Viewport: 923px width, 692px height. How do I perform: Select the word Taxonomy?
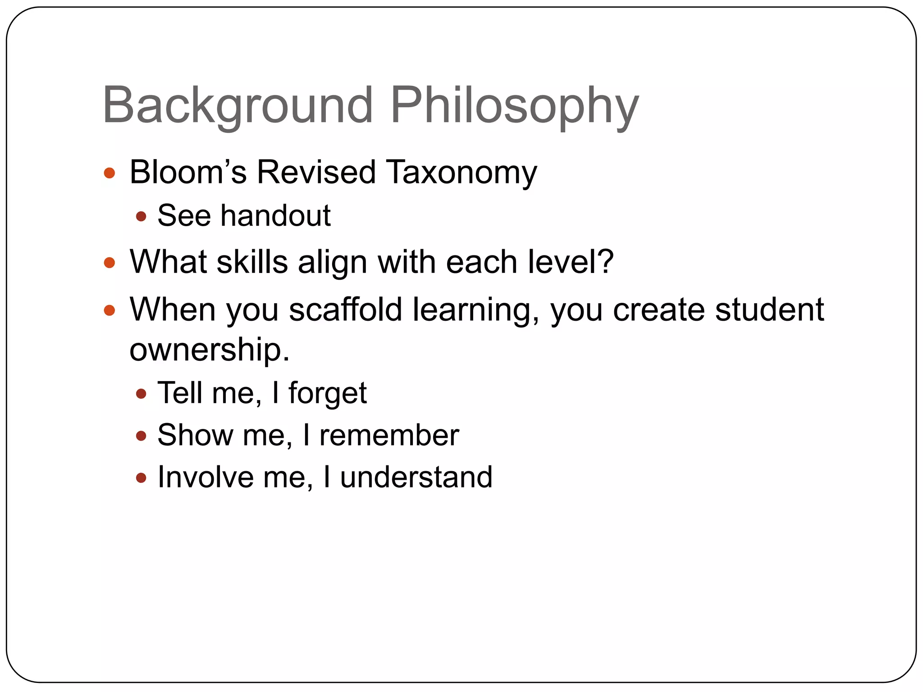[461, 173]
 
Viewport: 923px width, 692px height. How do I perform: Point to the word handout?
[275, 215]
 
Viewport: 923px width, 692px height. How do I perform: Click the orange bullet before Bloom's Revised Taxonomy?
[110, 173]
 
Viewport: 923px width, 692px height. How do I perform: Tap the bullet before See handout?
[141, 217]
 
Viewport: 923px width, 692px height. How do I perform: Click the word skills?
[252, 262]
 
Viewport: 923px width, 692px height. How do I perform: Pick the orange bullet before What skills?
[110, 263]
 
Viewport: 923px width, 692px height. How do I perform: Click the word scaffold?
[345, 310]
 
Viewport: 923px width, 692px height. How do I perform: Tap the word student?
[769, 310]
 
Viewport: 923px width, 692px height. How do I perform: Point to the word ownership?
[209, 350]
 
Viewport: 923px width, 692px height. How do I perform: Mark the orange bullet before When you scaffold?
[110, 310]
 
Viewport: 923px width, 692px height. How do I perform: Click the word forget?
[328, 393]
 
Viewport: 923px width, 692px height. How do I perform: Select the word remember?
[389, 435]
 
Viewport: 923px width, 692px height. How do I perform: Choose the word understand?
[416, 477]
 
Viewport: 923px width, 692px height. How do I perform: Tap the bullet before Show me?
[141, 436]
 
